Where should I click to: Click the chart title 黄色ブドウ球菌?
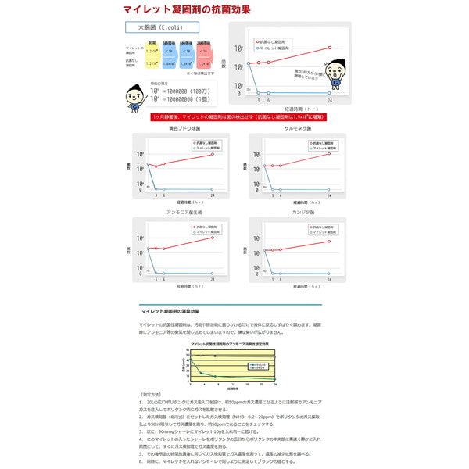tap(184, 127)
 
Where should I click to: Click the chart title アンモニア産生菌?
tap(184, 212)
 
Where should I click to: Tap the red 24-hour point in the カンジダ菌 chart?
tap(329, 238)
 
